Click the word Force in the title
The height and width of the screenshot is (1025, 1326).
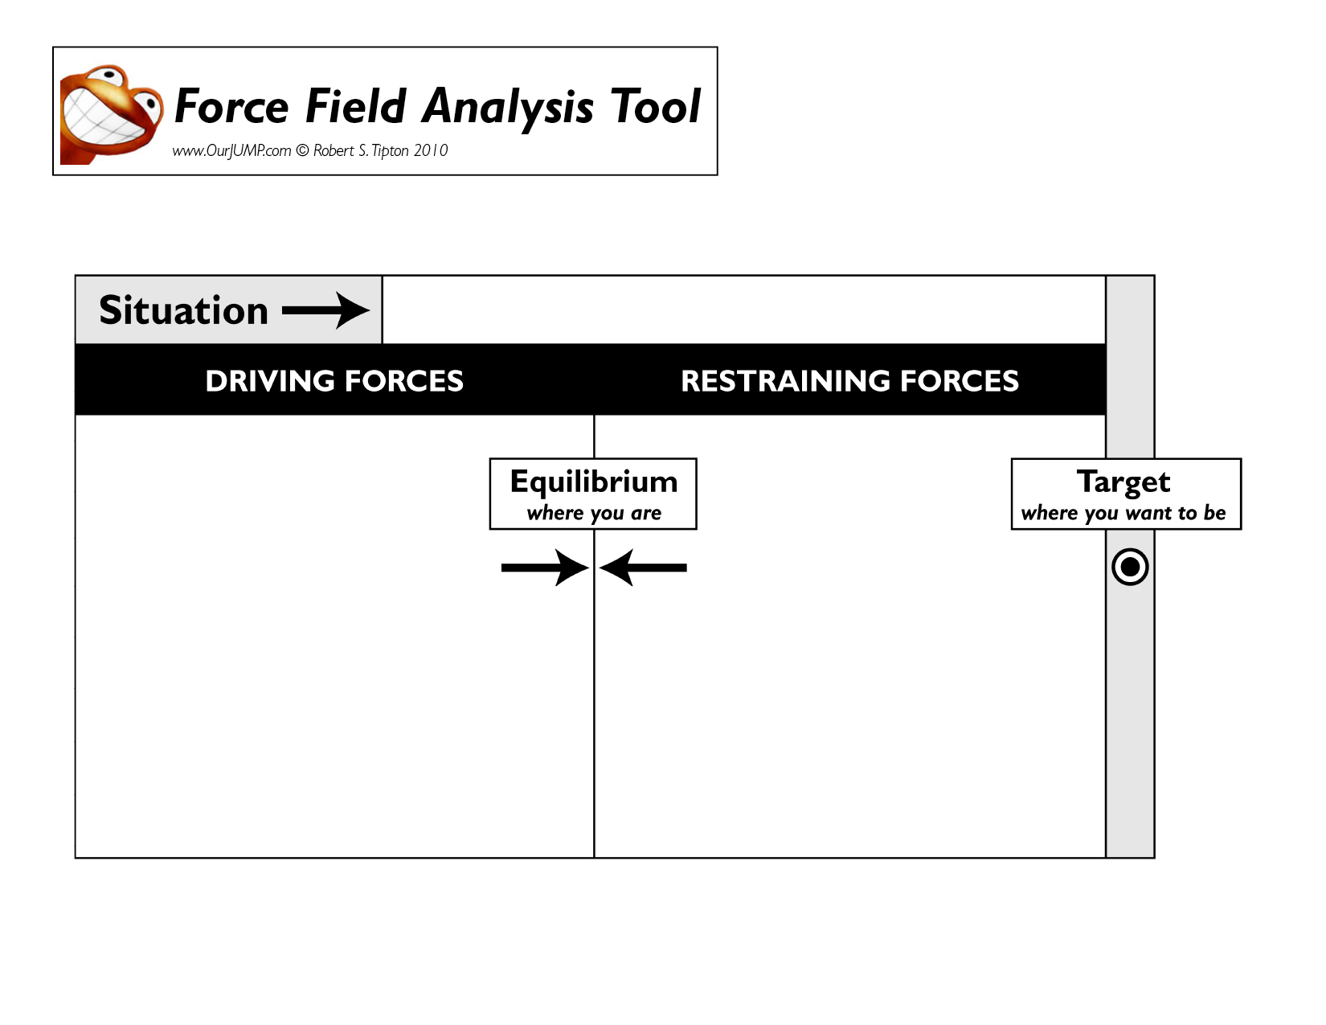pyautogui.click(x=231, y=106)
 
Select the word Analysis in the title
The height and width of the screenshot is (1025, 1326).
pyautogui.click(x=508, y=109)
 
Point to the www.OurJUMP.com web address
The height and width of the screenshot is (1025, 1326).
pyautogui.click(x=232, y=151)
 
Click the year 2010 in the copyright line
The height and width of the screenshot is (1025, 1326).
pyautogui.click(x=431, y=150)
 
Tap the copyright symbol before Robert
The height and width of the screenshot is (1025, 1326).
pyautogui.click(x=303, y=150)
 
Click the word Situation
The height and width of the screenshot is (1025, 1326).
pyautogui.click(x=184, y=310)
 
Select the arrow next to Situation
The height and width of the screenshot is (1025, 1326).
pyautogui.click(x=325, y=311)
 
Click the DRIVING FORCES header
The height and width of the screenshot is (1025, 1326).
pyautogui.click(x=334, y=381)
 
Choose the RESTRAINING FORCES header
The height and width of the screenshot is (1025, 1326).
pyautogui.click(x=850, y=381)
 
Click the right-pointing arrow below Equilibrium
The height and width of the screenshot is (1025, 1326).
pyautogui.click(x=545, y=568)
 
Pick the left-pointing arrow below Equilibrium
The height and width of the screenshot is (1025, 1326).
pyautogui.click(x=643, y=568)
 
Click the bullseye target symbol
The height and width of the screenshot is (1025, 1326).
pyautogui.click(x=1130, y=567)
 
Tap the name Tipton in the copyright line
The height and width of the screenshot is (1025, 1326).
pyautogui.click(x=391, y=151)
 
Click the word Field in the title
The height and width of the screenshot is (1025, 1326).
pyautogui.click(x=356, y=106)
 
